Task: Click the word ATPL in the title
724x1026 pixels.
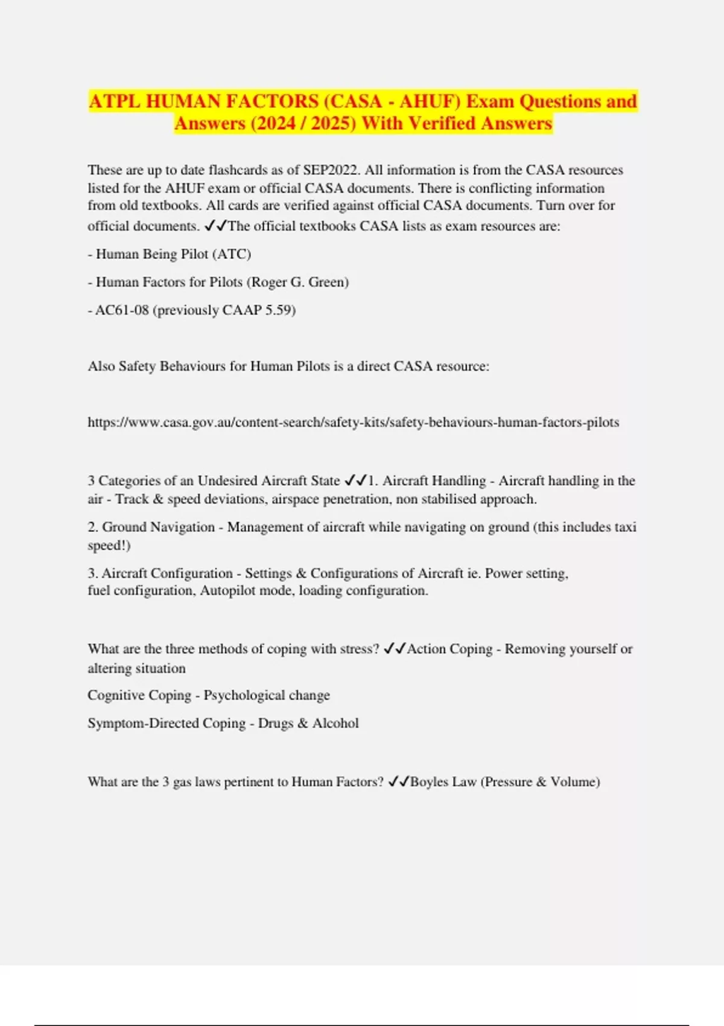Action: click(x=115, y=101)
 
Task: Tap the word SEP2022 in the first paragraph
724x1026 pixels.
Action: click(x=331, y=170)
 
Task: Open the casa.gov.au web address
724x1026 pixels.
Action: click(x=353, y=422)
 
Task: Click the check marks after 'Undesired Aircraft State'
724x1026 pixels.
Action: click(x=356, y=480)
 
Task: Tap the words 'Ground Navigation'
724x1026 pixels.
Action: click(x=158, y=527)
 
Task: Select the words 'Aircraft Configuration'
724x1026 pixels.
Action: click(x=167, y=573)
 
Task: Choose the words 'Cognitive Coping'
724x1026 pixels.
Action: click(x=139, y=695)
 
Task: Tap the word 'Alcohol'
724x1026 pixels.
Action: click(x=335, y=723)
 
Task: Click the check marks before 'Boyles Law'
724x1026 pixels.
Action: click(x=398, y=782)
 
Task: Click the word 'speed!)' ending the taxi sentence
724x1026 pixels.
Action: click(x=109, y=545)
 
